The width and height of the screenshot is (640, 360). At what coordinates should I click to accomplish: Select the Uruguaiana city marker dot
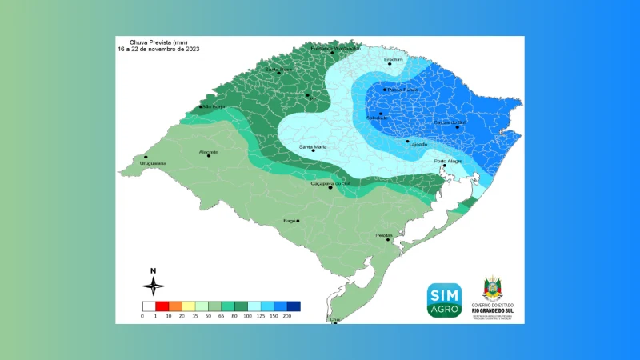pyautogui.click(x=146, y=157)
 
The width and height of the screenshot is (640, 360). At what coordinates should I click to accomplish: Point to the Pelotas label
pyautogui.click(x=384, y=234)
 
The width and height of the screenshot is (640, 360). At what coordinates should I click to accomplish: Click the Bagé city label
pyautogui.click(x=290, y=219)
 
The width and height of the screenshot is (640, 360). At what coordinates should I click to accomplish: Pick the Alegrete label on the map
pyautogui.click(x=209, y=150)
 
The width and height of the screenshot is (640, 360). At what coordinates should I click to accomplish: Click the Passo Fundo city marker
pyautogui.click(x=385, y=90)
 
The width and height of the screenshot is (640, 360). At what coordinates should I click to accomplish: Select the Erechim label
pyautogui.click(x=393, y=59)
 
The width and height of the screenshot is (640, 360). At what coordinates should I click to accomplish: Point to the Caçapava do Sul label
pyautogui.click(x=331, y=182)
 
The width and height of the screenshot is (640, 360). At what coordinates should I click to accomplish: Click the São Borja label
pyautogui.click(x=211, y=106)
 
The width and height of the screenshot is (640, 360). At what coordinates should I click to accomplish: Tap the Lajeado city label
pyautogui.click(x=418, y=144)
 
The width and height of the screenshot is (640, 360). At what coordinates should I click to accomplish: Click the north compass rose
pyautogui.click(x=154, y=284)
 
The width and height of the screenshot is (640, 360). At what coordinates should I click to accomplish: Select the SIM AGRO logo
pyautogui.click(x=444, y=300)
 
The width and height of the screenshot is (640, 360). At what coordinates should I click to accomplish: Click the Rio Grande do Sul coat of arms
pyautogui.click(x=492, y=289)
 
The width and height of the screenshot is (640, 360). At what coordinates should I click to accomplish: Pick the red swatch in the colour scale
pyautogui.click(x=162, y=306)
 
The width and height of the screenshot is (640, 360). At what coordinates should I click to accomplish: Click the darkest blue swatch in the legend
pyautogui.click(x=294, y=306)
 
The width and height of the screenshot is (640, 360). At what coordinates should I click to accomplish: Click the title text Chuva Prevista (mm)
pyautogui.click(x=156, y=42)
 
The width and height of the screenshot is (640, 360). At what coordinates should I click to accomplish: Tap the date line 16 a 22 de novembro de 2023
pyautogui.click(x=158, y=50)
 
